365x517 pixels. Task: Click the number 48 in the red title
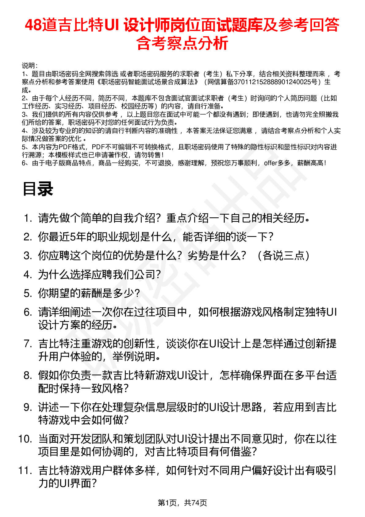[33, 25]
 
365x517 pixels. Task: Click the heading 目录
[38, 189]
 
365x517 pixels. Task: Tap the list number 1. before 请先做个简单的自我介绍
[28, 218]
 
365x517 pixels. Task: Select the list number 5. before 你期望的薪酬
[28, 293]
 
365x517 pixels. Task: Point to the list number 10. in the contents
[25, 439]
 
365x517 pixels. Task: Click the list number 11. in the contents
[25, 471]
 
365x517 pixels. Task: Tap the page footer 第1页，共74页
[182, 503]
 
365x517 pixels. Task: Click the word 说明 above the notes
[29, 66]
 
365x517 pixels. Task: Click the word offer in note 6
[270, 163]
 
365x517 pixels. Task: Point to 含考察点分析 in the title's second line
[182, 43]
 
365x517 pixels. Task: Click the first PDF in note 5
[65, 147]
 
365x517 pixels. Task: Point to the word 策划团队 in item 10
[145, 439]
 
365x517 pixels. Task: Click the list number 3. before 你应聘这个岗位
[28, 256]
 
